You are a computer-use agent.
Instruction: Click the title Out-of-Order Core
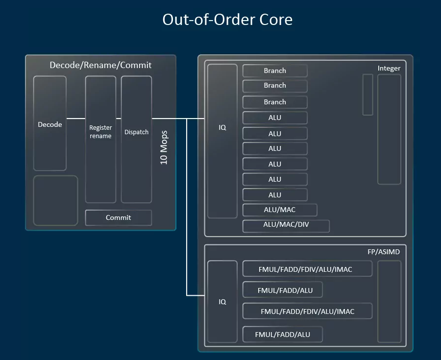click(x=227, y=20)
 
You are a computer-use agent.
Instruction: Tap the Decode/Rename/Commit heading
click(x=100, y=65)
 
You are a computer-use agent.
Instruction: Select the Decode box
click(x=50, y=124)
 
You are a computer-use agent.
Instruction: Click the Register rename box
click(x=100, y=140)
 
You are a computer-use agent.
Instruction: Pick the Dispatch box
click(x=136, y=140)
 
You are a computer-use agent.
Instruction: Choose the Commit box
click(x=119, y=217)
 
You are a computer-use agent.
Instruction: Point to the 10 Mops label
click(x=164, y=147)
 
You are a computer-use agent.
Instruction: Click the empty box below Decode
click(x=55, y=200)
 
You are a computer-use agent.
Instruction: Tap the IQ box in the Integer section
click(x=222, y=141)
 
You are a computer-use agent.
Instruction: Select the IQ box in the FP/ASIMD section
click(x=222, y=302)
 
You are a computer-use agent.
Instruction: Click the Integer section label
click(x=389, y=68)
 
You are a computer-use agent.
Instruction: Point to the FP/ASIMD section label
click(x=383, y=252)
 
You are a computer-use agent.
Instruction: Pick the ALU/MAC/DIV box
click(x=286, y=226)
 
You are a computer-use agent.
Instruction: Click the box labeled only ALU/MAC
click(x=280, y=210)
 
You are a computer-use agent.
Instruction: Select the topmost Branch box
click(x=275, y=71)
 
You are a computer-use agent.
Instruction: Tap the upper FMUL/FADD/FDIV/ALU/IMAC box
click(x=307, y=269)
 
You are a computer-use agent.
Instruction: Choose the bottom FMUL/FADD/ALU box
click(x=282, y=335)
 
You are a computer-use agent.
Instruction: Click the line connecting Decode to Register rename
click(x=76, y=119)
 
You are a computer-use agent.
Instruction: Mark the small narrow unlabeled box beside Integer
click(x=367, y=95)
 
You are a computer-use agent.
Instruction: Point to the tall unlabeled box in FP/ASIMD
click(x=389, y=301)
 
